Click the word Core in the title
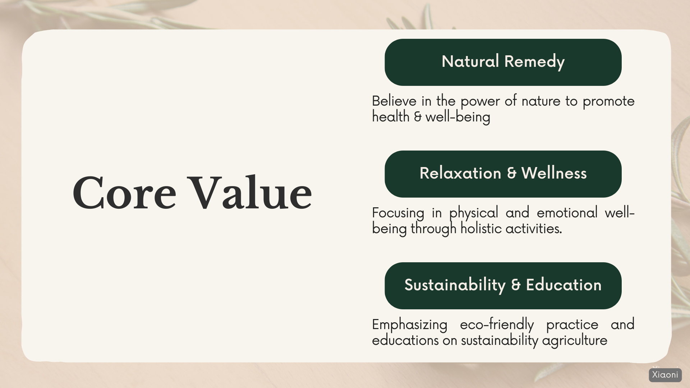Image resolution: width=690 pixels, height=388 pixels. pyautogui.click(x=124, y=193)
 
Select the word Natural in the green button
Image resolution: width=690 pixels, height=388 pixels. pyautogui.click(x=470, y=61)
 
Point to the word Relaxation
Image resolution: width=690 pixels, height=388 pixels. pyautogui.click(x=460, y=173)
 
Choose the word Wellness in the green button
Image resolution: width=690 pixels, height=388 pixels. pyautogui.click(x=554, y=173)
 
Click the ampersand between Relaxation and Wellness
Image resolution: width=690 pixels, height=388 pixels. pyautogui.click(x=511, y=174)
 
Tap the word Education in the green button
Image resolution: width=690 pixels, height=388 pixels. pyautogui.click(x=563, y=285)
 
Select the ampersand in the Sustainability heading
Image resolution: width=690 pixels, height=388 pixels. pyautogui.click(x=516, y=285)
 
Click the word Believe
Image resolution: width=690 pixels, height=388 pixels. pyautogui.click(x=394, y=101)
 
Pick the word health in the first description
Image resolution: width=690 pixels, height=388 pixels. pyautogui.click(x=391, y=117)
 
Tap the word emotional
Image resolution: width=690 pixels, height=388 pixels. pyautogui.click(x=567, y=213)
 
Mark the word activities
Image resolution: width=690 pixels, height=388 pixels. pyautogui.click(x=534, y=228)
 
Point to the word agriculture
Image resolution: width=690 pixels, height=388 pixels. pyautogui.click(x=575, y=341)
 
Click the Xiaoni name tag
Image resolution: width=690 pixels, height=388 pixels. pyautogui.click(x=665, y=375)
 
